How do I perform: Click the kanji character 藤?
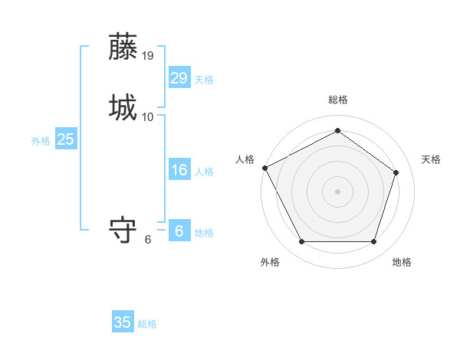123,47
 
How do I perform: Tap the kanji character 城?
123,107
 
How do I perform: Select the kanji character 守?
123,231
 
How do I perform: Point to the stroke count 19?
148,56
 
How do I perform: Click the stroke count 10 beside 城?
148,117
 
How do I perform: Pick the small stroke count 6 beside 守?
148,240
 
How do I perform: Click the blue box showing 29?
179,77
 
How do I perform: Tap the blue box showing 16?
179,170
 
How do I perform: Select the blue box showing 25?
66,139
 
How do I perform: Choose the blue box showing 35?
123,322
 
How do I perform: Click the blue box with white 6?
179,231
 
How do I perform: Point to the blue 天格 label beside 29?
203,80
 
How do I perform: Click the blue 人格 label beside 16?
203,172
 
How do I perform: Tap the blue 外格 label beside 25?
41,141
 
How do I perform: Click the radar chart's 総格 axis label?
337,100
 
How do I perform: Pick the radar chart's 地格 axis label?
402,262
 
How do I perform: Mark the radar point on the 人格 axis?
264,167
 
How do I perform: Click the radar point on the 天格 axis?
396,172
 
